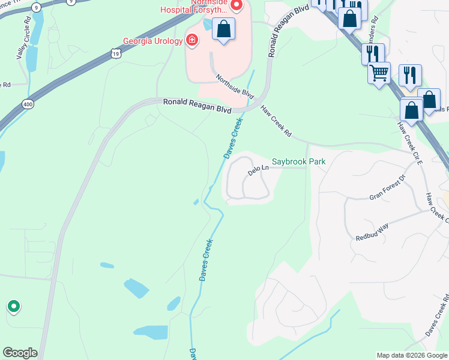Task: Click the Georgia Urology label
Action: (x=152, y=41)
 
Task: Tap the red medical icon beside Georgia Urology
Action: (x=192, y=41)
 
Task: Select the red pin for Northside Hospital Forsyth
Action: (x=236, y=6)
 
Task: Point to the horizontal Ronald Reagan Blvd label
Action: (x=197, y=103)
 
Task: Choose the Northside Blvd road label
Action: (x=235, y=88)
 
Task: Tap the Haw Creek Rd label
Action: (x=276, y=122)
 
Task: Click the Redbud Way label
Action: (x=372, y=231)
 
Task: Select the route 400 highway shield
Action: (x=29, y=104)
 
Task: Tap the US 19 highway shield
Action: (x=115, y=53)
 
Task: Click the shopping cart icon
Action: (x=379, y=73)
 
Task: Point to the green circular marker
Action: (x=13, y=307)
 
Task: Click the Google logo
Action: (x=20, y=353)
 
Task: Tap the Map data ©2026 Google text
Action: (x=411, y=355)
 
